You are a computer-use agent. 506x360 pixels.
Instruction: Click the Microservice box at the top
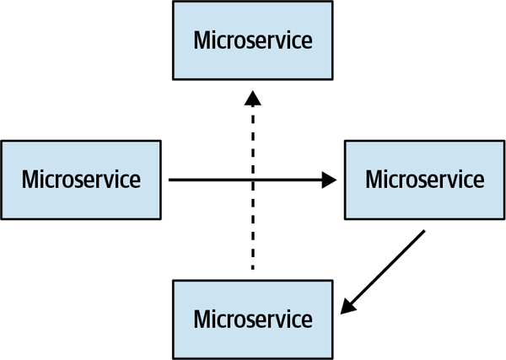(252, 40)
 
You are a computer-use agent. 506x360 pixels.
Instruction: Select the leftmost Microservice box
(81, 180)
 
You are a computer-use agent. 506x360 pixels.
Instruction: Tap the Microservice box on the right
(424, 180)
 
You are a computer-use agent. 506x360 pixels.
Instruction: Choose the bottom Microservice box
(252, 320)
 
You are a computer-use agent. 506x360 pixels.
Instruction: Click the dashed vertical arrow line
(251, 219)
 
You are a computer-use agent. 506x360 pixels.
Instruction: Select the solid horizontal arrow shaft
(211, 180)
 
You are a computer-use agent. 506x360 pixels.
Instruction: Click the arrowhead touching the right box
(329, 180)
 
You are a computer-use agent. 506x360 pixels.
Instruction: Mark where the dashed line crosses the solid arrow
(251, 180)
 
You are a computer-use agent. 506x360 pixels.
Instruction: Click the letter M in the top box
(202, 40)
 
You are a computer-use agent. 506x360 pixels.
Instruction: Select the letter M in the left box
(31, 180)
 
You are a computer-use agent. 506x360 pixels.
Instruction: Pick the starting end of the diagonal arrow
(424, 231)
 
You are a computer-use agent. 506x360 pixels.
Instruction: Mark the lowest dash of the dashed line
(251, 263)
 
